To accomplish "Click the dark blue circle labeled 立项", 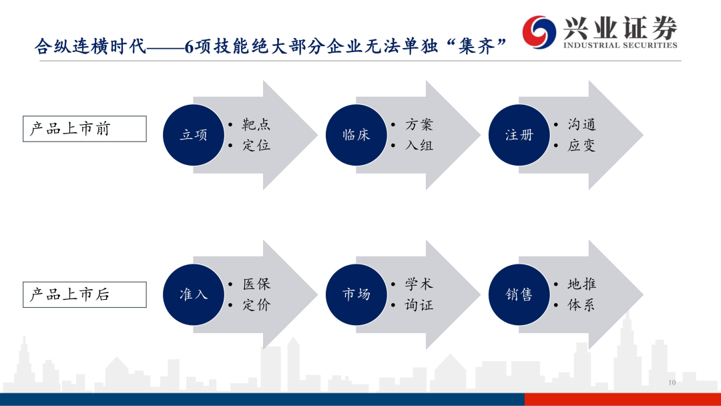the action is [x=194, y=135].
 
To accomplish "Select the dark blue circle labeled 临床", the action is [x=356, y=135].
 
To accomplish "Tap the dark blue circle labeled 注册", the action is [x=519, y=135].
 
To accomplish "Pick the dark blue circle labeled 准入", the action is [x=194, y=294].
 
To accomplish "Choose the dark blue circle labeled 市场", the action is [x=356, y=294].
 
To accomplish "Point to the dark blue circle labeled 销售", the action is [x=519, y=294].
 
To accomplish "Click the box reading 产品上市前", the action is [x=85, y=129].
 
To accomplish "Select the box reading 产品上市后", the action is [x=85, y=294].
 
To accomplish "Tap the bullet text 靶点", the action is [x=256, y=124].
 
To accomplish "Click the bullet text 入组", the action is [x=419, y=146].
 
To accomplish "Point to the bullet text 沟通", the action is [x=581, y=124].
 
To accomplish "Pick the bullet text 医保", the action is [x=256, y=284].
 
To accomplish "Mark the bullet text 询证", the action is [x=419, y=305].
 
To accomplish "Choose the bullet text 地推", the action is [x=581, y=284].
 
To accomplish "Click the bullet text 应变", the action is [x=581, y=146].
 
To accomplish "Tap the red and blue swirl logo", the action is [x=539, y=31].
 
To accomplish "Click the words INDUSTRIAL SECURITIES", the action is [x=620, y=45].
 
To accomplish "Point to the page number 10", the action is [x=672, y=383].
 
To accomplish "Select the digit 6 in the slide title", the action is [x=189, y=47].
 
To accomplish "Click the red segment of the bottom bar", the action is [x=623, y=399].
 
